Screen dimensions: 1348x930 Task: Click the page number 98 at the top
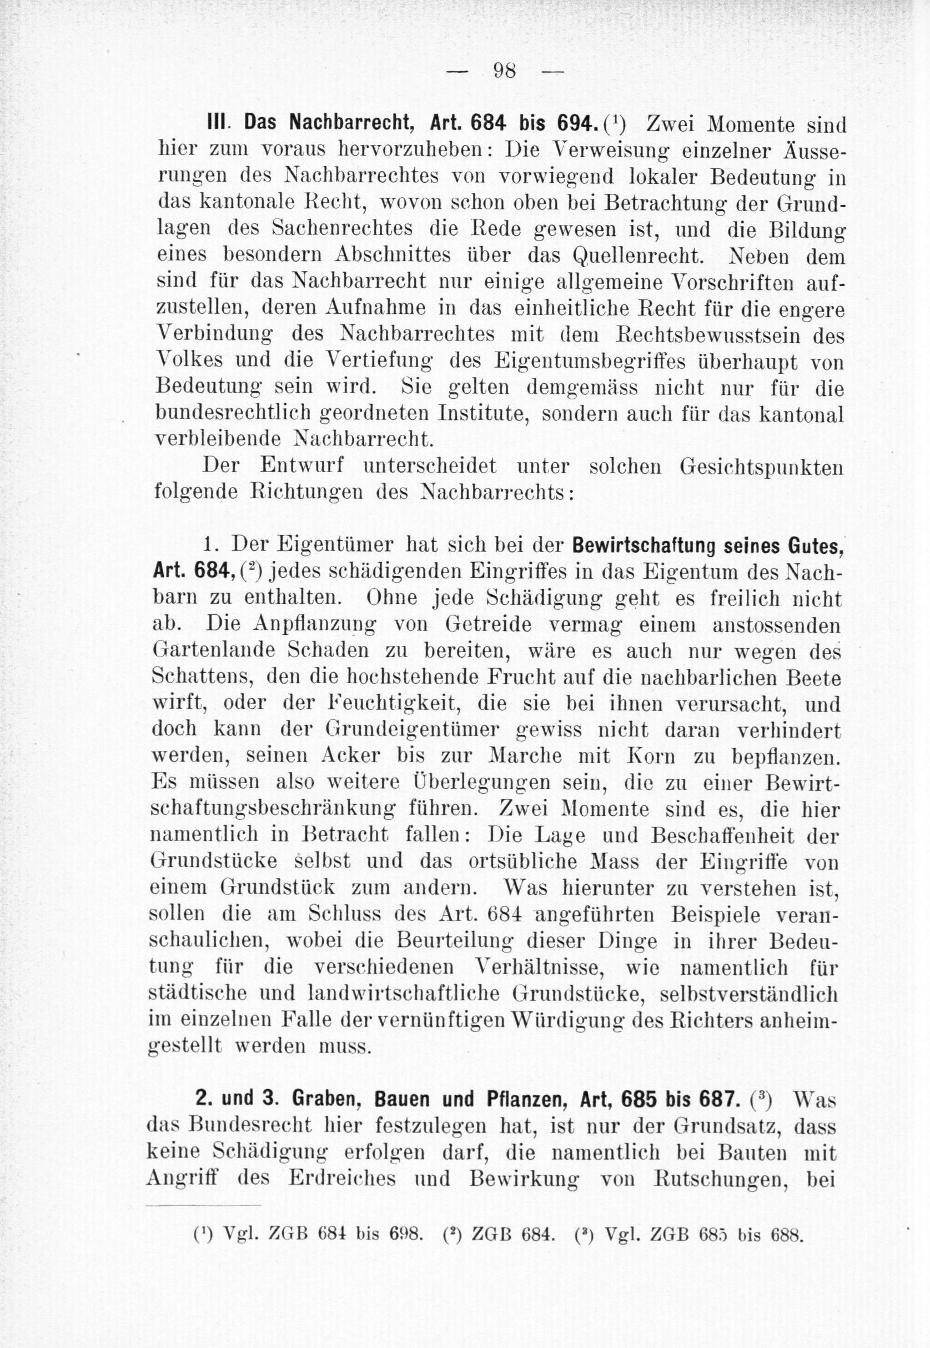505,72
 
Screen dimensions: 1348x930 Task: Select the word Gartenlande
204,650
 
